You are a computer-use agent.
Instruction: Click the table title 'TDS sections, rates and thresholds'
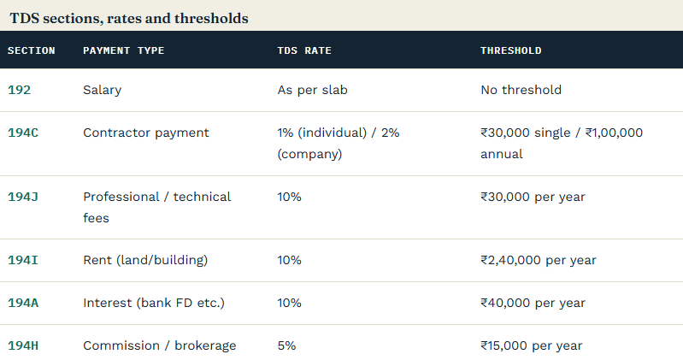coord(129,18)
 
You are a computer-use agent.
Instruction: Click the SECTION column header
coord(32,50)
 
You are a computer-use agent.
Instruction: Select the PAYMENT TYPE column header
coord(124,50)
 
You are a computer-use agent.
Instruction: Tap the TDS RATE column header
coord(304,50)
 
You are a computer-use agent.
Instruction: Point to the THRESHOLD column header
coord(511,50)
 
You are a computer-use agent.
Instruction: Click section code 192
coord(19,90)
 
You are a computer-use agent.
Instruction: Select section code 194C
coord(23,133)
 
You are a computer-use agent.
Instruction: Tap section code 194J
coord(23,197)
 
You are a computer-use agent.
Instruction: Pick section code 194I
coord(23,260)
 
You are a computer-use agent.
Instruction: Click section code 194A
coord(23,303)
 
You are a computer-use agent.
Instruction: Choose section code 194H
coord(23,345)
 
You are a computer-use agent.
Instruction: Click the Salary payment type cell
coord(103,91)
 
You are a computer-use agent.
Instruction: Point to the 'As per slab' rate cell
coord(312,91)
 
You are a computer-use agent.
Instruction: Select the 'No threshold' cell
coord(521,90)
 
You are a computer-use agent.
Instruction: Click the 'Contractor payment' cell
coord(146,133)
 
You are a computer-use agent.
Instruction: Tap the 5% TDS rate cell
coord(286,345)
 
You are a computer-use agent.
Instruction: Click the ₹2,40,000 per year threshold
coord(539,260)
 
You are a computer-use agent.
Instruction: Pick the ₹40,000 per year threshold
coord(533,303)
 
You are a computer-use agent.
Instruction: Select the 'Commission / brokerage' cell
coord(160,346)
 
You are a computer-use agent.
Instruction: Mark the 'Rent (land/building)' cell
coord(145,260)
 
